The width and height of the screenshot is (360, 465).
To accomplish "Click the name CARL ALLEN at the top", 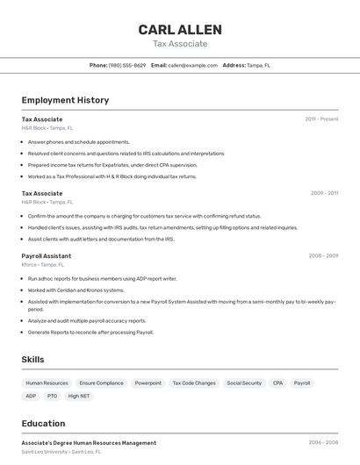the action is pos(180,30).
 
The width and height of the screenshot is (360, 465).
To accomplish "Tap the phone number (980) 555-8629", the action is pos(127,65).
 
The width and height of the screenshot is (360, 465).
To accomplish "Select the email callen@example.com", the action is pos(192,65).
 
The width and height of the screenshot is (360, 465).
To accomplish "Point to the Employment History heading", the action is pos(65,100).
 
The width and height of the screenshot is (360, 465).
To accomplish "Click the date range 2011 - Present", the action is pos(321,118).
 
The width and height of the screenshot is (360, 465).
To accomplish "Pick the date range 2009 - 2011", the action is pos(324,193).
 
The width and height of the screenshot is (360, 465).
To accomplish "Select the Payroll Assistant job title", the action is pos(47,255).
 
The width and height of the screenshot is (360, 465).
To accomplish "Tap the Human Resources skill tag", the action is pos(47,383).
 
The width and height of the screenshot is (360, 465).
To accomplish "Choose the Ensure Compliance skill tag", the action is pos(101,383).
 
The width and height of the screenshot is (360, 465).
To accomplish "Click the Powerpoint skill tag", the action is pos(148,383).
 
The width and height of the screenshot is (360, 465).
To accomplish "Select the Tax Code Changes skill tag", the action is pos(193,383).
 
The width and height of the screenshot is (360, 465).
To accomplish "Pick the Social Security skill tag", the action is pos(244,383).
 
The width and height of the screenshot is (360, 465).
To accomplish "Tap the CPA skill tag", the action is pos(277,383).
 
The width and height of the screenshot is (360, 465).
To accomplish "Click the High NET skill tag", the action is pos(79,396).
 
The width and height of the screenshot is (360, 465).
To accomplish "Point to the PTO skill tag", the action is pos(53,396).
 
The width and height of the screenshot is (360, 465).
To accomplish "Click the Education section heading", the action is pos(43,423).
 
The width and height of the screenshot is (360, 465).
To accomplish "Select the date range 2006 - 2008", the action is pos(323,443).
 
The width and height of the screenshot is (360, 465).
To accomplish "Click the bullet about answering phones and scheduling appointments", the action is pos(78,141).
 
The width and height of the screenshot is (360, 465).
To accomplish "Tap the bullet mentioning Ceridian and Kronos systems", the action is pos(76,290).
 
